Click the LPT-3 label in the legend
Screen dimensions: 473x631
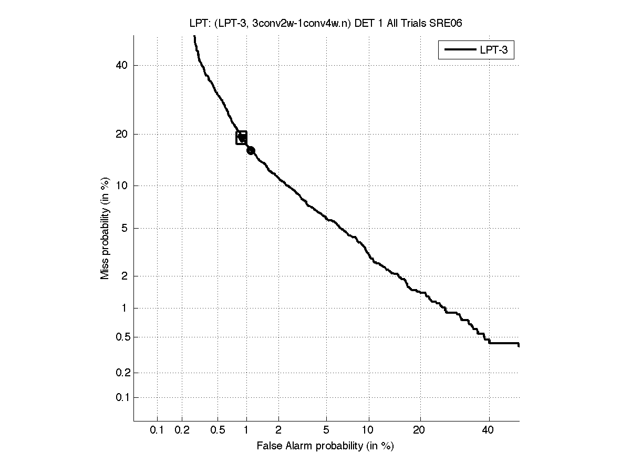(x=495, y=50)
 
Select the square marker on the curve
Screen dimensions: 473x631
(x=242, y=138)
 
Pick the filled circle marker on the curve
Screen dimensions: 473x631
(x=251, y=150)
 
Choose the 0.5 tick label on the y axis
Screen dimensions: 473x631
(x=121, y=337)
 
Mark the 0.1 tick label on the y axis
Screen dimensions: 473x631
(x=121, y=397)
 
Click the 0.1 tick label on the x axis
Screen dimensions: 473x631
(x=157, y=430)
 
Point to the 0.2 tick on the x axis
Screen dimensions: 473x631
(x=182, y=430)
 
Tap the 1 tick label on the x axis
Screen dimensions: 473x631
(x=246, y=430)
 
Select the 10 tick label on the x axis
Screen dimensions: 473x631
(x=369, y=430)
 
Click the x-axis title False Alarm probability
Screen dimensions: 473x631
(x=325, y=446)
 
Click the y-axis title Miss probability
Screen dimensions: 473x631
(x=106, y=228)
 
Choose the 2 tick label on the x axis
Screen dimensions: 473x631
(x=278, y=430)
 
